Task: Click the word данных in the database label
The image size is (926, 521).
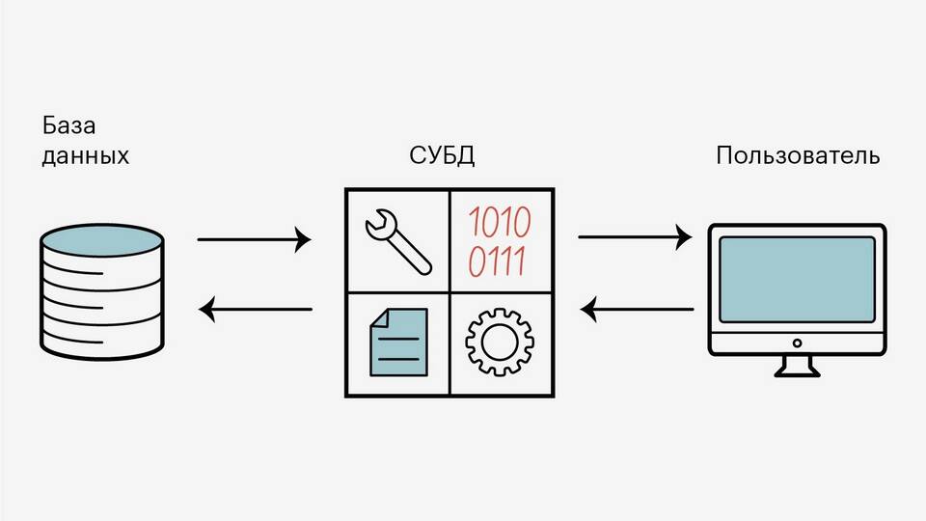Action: click(x=86, y=156)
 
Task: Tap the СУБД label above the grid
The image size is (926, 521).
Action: click(x=443, y=156)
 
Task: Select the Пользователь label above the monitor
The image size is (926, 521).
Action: click(x=798, y=156)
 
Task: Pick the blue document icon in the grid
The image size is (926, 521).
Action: click(x=398, y=343)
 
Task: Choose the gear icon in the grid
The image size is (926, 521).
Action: click(x=499, y=343)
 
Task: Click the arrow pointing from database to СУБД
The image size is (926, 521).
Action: click(x=255, y=238)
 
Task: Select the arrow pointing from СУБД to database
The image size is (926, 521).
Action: click(x=255, y=310)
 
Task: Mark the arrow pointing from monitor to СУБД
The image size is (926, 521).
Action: click(x=636, y=310)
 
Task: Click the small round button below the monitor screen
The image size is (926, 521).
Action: click(x=797, y=343)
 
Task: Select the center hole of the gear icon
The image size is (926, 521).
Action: click(x=499, y=343)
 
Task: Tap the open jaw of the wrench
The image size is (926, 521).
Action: click(x=376, y=225)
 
